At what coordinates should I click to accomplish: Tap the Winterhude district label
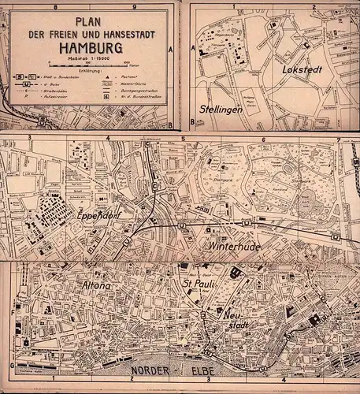pyautogui.click(x=233, y=246)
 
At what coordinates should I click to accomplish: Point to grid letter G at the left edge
pyautogui.click(x=10, y=366)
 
